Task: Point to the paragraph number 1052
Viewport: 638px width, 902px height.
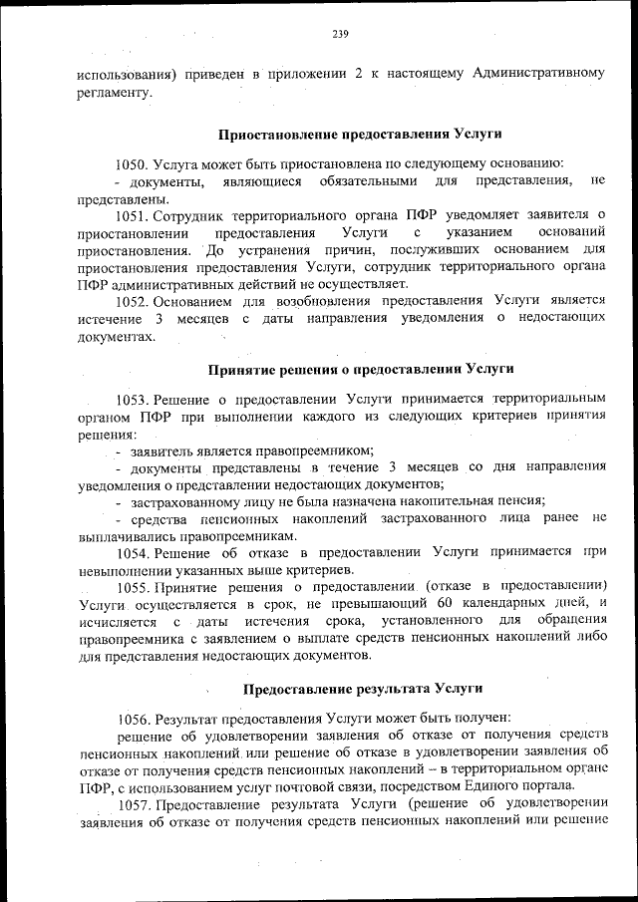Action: point(133,300)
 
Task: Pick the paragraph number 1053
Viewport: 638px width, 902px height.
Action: point(133,399)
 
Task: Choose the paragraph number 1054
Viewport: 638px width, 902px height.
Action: point(133,551)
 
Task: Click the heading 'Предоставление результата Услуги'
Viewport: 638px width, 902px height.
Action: point(363,689)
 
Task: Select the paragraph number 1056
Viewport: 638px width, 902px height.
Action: point(135,718)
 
